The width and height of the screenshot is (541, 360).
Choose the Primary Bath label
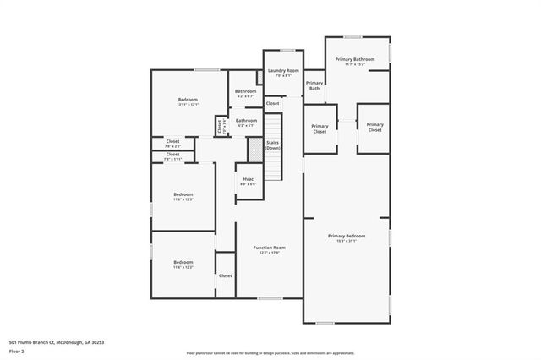(314, 85)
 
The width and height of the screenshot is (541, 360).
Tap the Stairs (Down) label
(273, 145)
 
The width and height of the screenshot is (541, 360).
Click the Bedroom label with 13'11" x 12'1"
(188, 101)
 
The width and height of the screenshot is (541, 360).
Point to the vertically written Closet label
(220, 127)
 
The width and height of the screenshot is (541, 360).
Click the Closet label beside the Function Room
(226, 275)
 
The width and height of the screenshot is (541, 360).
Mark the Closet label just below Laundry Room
(272, 103)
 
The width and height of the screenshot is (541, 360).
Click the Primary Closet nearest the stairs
(320, 129)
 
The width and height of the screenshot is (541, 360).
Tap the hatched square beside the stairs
(254, 149)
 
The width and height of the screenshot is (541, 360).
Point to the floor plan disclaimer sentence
(270, 353)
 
